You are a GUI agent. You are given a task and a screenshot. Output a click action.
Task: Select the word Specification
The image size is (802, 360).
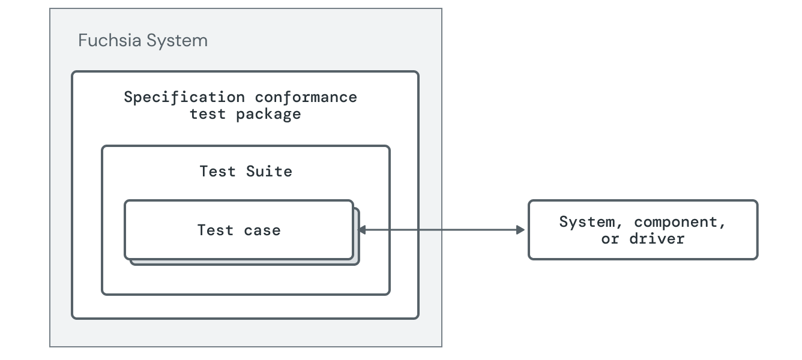(x=184, y=97)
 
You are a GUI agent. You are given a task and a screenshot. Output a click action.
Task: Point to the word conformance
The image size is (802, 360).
(x=306, y=97)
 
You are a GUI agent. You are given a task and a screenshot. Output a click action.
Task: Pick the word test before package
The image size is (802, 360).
(x=208, y=113)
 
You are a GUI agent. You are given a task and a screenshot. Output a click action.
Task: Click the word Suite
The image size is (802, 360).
(x=269, y=171)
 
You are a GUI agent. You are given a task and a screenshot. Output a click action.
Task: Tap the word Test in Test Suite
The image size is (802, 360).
(x=217, y=171)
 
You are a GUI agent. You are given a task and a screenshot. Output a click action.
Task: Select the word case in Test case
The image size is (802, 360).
(x=262, y=230)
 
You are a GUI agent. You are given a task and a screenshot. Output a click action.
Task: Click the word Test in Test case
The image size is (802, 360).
(x=215, y=230)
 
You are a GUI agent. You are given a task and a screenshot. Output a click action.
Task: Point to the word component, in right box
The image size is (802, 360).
(x=680, y=221)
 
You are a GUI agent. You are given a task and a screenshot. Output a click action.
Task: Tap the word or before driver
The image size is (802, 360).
(x=611, y=238)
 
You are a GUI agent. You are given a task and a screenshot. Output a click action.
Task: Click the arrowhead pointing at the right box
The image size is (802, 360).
(x=520, y=230)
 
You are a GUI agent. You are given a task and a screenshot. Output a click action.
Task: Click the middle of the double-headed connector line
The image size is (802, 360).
(x=442, y=230)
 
